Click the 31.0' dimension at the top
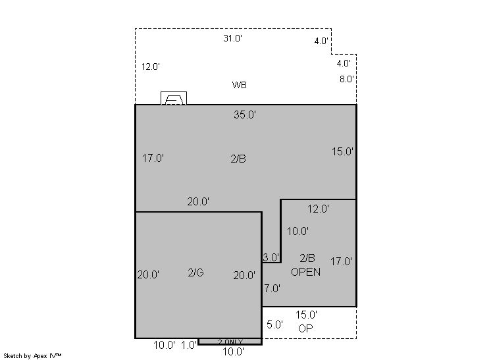(x=232, y=38)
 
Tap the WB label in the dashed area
(x=239, y=85)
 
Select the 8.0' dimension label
(x=347, y=79)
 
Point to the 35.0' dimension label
(x=245, y=115)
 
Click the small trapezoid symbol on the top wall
(x=174, y=98)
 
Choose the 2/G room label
(x=196, y=272)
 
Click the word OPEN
(x=305, y=272)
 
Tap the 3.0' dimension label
(x=271, y=257)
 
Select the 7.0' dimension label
(x=272, y=288)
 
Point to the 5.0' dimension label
(x=274, y=324)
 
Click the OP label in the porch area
(x=305, y=328)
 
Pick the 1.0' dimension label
(x=189, y=345)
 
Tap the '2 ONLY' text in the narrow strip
(x=230, y=342)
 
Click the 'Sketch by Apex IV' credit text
(x=32, y=356)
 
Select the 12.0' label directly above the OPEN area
(x=318, y=209)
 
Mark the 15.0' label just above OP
(x=306, y=315)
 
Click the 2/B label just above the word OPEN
(x=307, y=258)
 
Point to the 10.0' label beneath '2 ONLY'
(x=233, y=352)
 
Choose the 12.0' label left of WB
(x=151, y=66)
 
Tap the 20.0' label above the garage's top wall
(x=198, y=201)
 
